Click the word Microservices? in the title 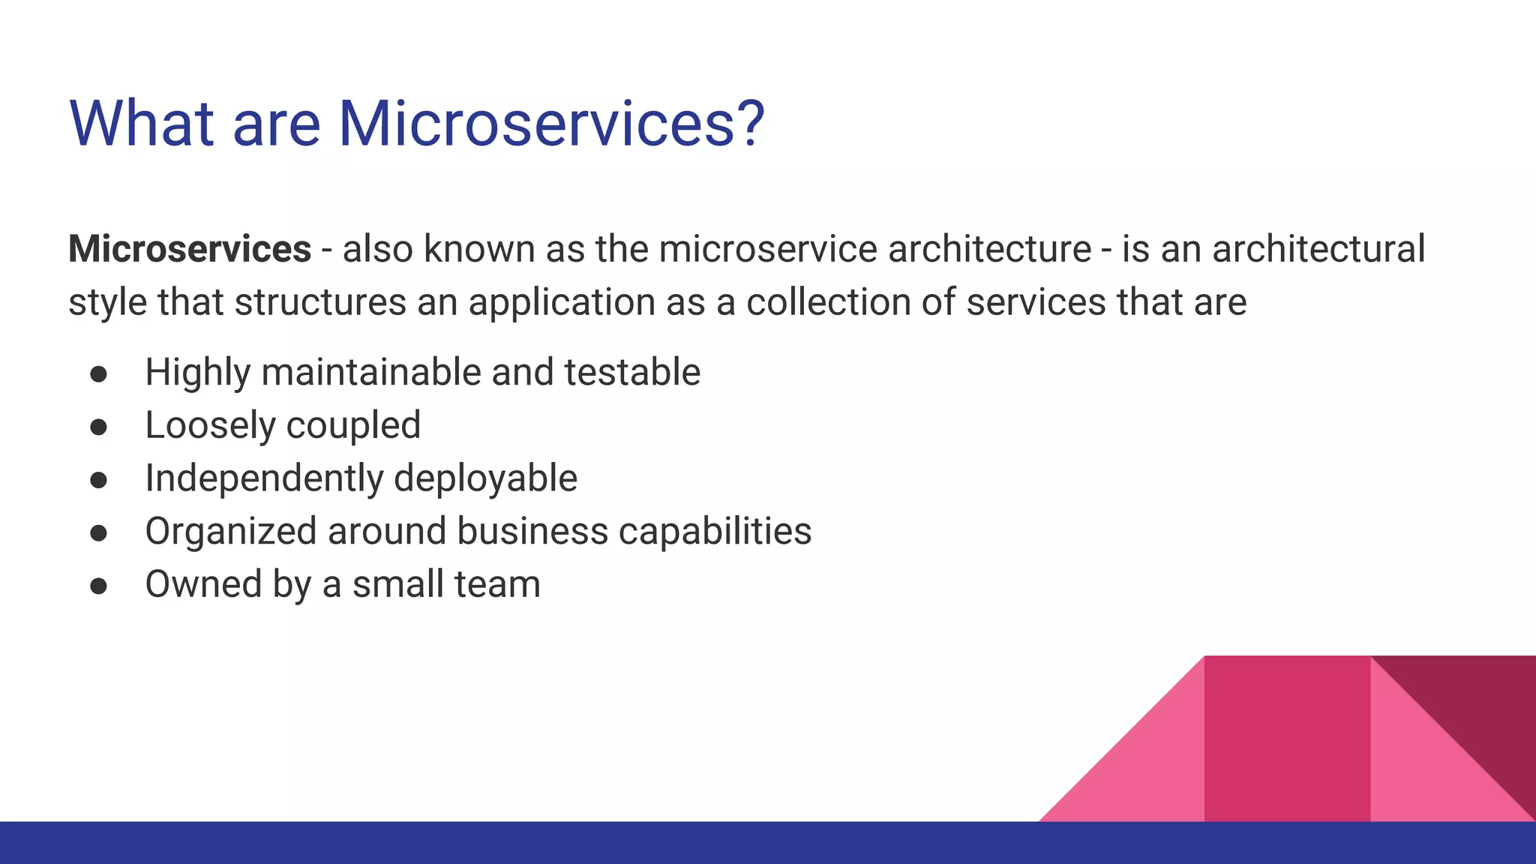[551, 124]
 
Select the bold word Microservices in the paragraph [190, 249]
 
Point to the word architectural [1318, 249]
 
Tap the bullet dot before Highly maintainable [98, 374]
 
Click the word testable [631, 373]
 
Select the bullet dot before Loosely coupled [98, 427]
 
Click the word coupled [353, 426]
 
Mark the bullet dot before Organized [98, 533]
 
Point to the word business [532, 532]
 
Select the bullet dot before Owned [98, 586]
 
